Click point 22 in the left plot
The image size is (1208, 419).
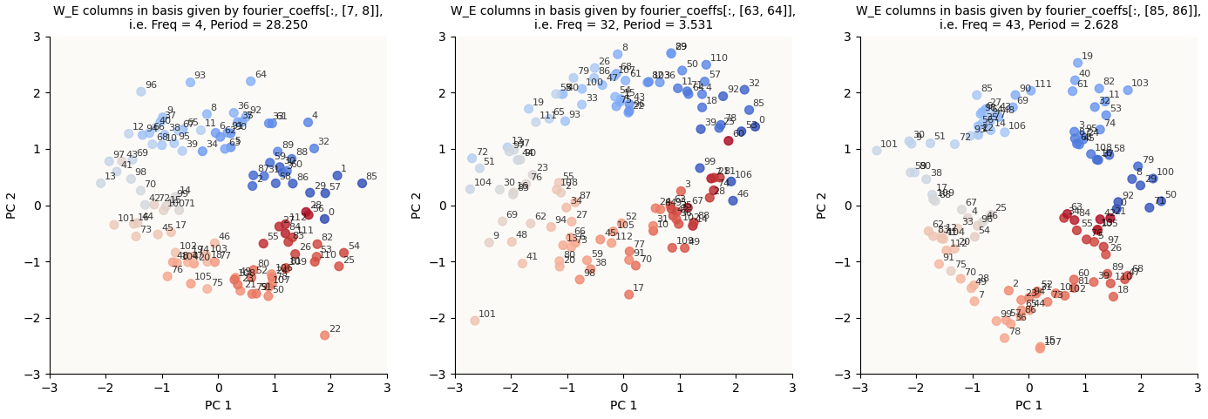point(324,335)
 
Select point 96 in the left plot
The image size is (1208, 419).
point(141,91)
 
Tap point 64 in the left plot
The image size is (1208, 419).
point(251,81)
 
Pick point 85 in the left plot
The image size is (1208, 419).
point(362,183)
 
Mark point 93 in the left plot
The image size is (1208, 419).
point(190,83)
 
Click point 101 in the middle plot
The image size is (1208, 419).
point(475,321)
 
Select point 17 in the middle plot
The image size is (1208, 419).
point(629,294)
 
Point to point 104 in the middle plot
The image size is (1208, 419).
point(470,189)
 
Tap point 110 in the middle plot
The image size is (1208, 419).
point(706,64)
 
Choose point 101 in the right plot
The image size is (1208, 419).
point(877,151)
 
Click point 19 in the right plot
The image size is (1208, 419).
point(1077,63)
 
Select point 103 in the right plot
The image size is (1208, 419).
point(1128,90)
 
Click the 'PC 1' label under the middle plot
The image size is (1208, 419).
point(623,405)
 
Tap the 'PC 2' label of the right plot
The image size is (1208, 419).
point(822,206)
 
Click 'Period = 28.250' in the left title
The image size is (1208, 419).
point(261,25)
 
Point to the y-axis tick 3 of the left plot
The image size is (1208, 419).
point(40,37)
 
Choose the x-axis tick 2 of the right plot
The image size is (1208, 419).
point(1141,387)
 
